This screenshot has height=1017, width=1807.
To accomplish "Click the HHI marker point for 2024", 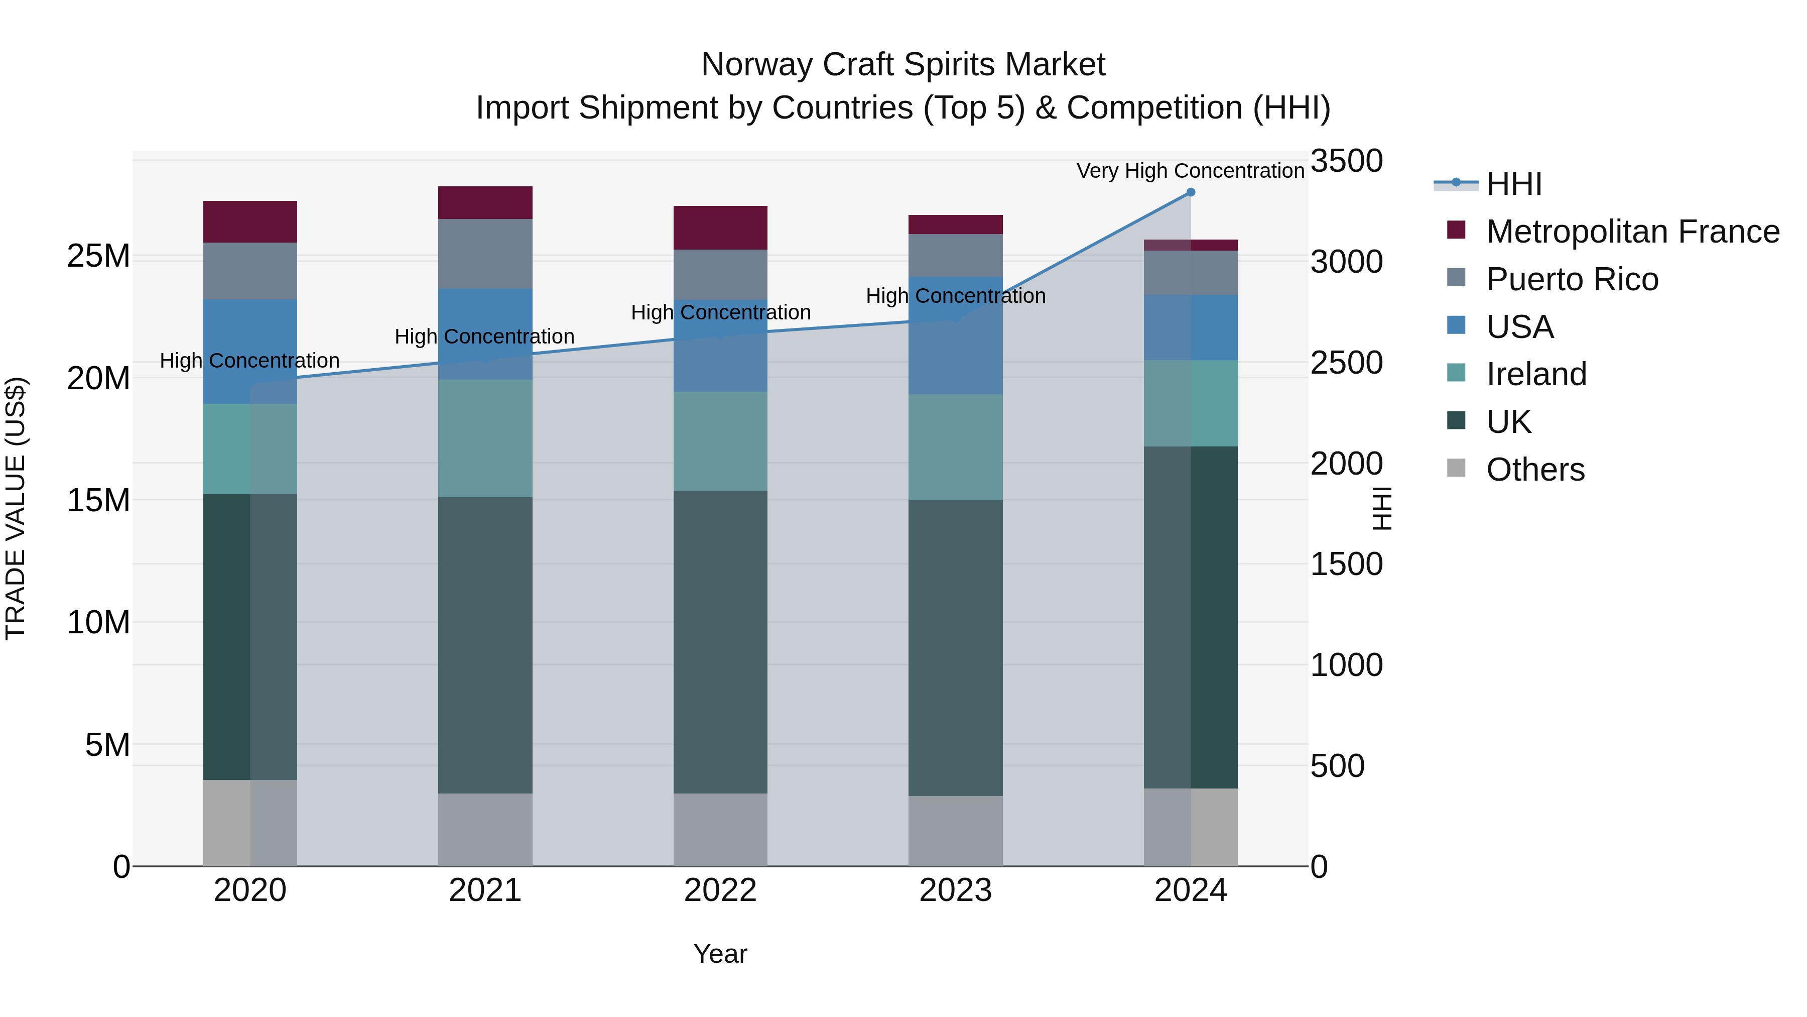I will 1191,192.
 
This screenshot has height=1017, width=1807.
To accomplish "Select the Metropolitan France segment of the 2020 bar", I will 250,222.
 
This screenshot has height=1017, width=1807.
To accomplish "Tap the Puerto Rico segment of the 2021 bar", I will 485,254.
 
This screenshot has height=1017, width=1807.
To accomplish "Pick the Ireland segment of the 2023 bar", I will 955,447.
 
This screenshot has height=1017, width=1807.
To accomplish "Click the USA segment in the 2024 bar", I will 1191,328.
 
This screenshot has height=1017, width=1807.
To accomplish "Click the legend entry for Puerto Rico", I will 1571,279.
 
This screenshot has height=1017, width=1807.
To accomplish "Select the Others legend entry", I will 1535,470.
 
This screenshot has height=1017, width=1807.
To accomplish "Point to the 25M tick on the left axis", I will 98,256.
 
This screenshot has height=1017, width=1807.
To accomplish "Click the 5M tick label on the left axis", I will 107,745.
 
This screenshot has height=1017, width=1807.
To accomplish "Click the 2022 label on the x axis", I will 720,890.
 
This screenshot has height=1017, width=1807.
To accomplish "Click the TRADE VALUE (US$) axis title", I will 16,508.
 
